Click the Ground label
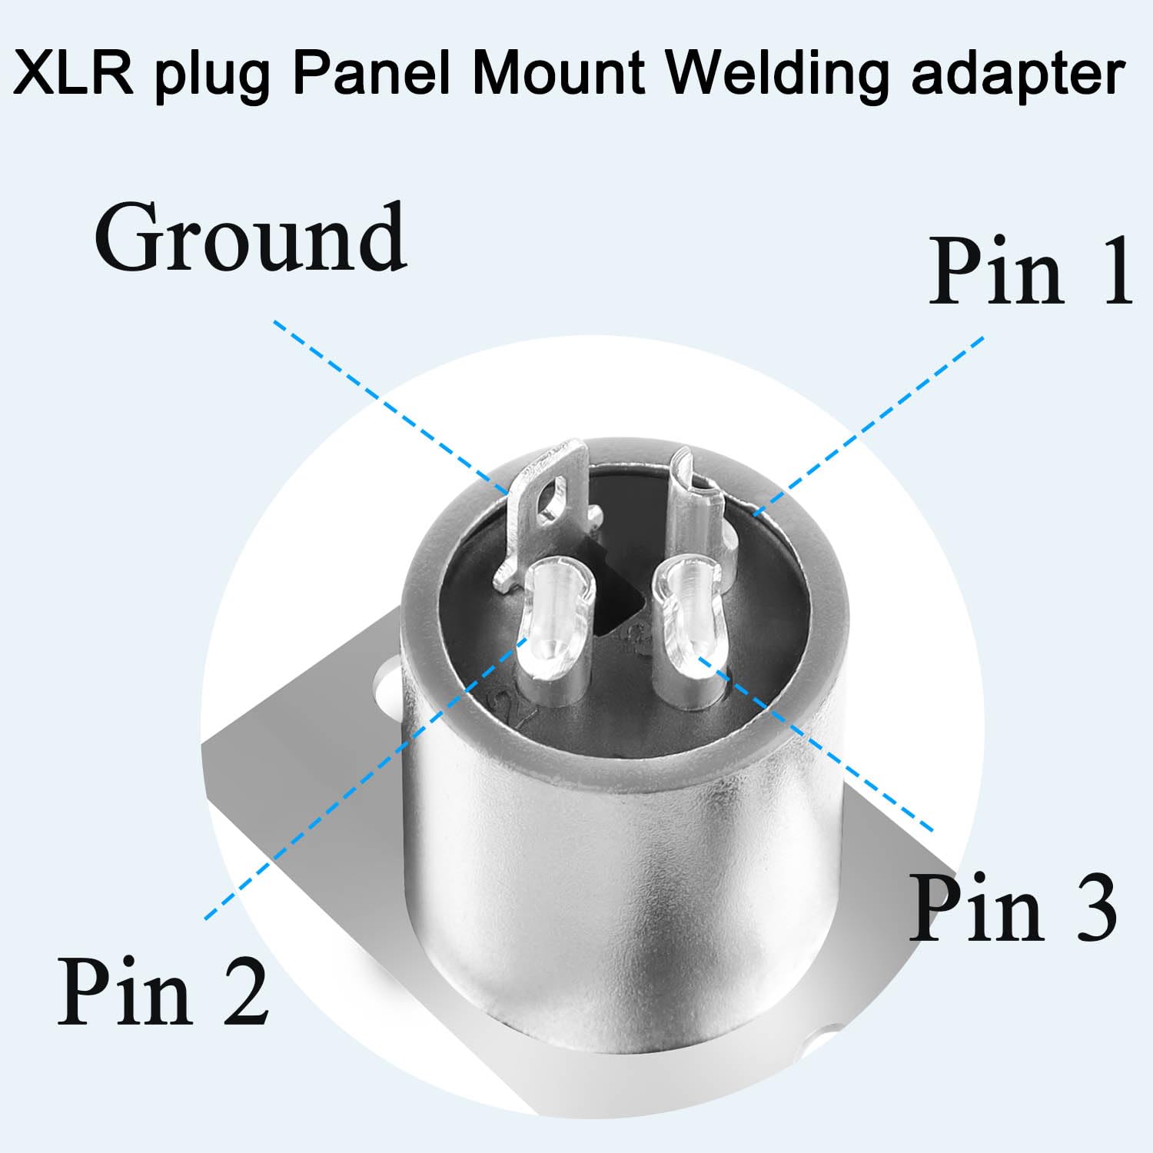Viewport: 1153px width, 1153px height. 250,238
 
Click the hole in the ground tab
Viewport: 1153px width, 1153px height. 553,500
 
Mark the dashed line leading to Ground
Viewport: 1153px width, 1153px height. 391,407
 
